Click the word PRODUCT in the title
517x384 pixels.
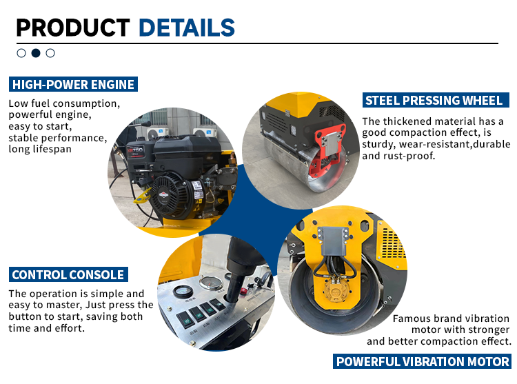point(73,28)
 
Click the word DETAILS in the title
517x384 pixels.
point(187,28)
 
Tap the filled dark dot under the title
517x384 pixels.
point(36,53)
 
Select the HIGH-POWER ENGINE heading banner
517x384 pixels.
point(73,84)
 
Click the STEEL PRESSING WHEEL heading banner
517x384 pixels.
point(436,100)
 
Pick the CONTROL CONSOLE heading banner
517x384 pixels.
point(68,274)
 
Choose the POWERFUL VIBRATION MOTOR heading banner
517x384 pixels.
point(422,361)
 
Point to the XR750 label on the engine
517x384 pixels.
point(136,151)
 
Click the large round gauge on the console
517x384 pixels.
point(212,283)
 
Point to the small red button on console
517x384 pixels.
point(243,291)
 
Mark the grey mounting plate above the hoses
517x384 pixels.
point(333,241)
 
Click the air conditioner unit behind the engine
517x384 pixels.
point(158,133)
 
